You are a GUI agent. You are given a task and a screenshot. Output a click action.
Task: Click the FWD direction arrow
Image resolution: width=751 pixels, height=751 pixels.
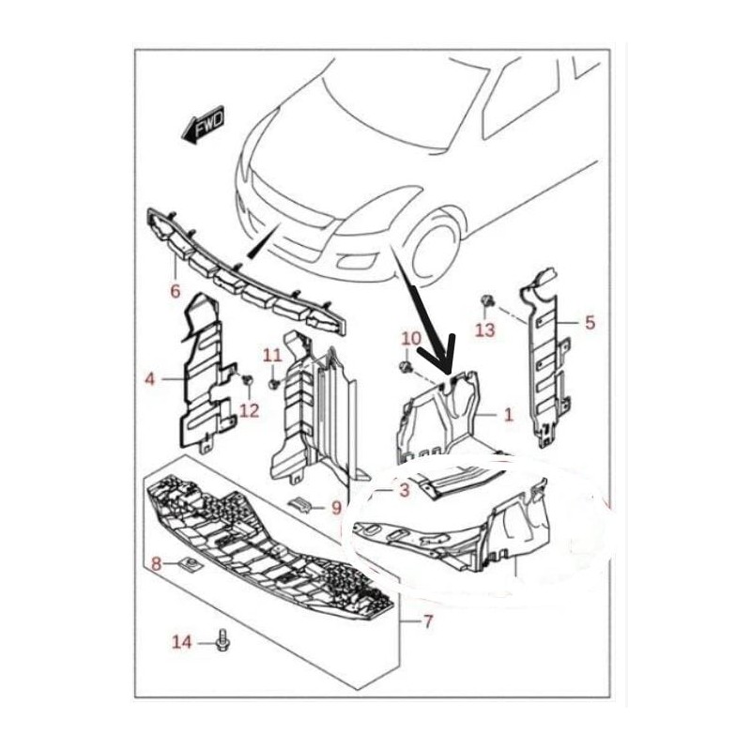[203, 125]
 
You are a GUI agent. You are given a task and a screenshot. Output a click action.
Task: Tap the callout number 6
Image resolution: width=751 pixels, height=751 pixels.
[176, 290]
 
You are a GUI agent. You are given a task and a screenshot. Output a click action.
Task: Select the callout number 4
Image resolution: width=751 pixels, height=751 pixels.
[150, 379]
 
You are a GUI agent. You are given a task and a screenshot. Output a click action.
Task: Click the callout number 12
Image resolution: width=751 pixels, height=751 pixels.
[249, 410]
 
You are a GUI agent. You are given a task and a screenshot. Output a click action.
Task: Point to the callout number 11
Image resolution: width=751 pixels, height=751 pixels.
[273, 356]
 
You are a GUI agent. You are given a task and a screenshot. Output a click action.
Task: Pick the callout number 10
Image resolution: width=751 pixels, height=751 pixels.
[410, 339]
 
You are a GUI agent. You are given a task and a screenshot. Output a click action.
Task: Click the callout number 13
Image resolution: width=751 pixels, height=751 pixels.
[484, 330]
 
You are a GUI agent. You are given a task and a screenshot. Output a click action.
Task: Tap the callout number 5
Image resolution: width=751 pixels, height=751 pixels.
[590, 322]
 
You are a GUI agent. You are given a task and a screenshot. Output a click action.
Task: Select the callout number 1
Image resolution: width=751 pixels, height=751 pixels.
[509, 414]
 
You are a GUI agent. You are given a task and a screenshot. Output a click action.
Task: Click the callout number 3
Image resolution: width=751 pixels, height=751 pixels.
[405, 490]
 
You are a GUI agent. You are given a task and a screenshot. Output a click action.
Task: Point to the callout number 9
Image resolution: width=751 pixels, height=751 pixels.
[335, 507]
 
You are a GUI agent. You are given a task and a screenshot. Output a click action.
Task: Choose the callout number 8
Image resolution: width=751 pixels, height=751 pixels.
[156, 564]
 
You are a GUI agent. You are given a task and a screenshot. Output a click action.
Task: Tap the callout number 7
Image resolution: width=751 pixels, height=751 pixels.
[428, 621]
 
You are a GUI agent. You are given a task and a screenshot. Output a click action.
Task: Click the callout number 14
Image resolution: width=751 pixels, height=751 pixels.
[182, 642]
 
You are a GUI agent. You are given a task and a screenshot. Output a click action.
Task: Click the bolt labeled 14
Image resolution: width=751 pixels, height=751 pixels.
[223, 640]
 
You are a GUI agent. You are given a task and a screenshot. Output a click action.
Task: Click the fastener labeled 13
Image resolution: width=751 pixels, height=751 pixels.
[486, 301]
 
